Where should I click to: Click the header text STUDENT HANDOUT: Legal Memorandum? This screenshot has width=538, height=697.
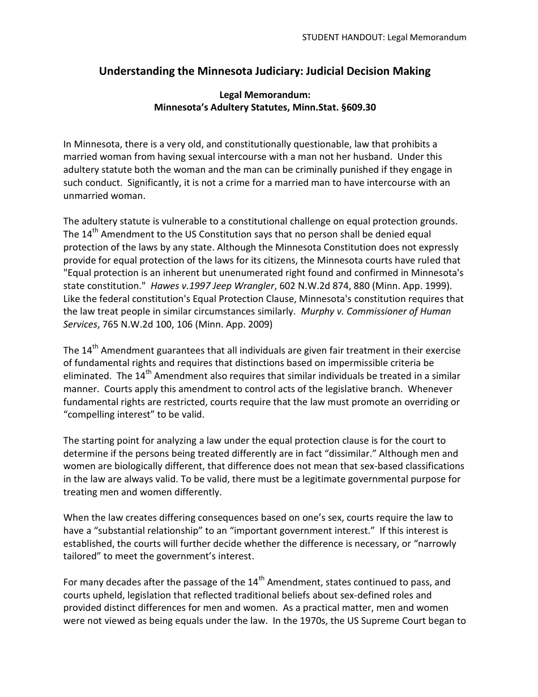click(384, 37)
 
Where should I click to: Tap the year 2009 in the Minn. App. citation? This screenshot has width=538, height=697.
click(262, 325)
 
